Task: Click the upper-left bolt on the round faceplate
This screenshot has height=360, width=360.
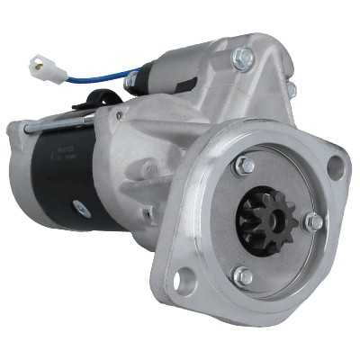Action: pyautogui.click(x=244, y=166)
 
